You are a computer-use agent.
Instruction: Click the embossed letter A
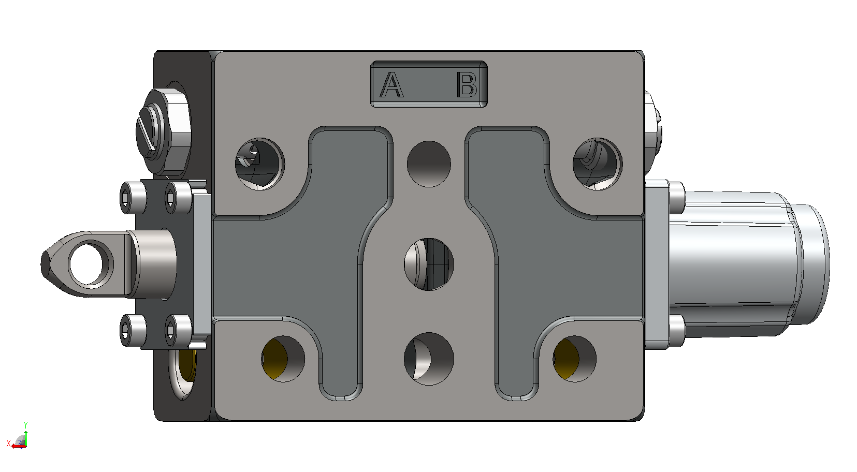coord(391,84)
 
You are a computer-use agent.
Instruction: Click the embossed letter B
coord(467,84)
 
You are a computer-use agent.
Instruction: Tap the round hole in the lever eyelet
coord(88,263)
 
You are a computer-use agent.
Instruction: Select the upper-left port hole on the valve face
coord(260,164)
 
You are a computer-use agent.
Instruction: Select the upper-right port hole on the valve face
coord(597,164)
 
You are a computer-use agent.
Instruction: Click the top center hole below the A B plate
coord(429,164)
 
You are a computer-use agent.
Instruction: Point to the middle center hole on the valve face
coord(429,264)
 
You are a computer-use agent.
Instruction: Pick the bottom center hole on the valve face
coord(429,359)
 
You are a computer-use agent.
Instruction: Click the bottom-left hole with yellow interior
coord(283,359)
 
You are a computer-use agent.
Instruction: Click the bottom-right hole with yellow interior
coord(575,359)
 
